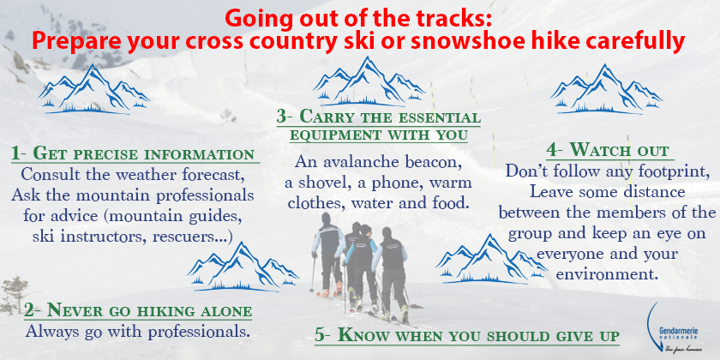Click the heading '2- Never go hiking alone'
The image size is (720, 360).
tap(138, 310)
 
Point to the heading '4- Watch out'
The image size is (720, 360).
tap(607, 150)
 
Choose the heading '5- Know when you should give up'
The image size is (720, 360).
tap(467, 334)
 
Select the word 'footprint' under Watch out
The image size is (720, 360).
tap(670, 171)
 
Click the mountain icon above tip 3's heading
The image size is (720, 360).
tap(369, 81)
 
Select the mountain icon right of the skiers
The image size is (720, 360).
tap(491, 259)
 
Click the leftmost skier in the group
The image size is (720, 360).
tap(327, 255)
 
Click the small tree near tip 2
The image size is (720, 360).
tap(13, 294)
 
